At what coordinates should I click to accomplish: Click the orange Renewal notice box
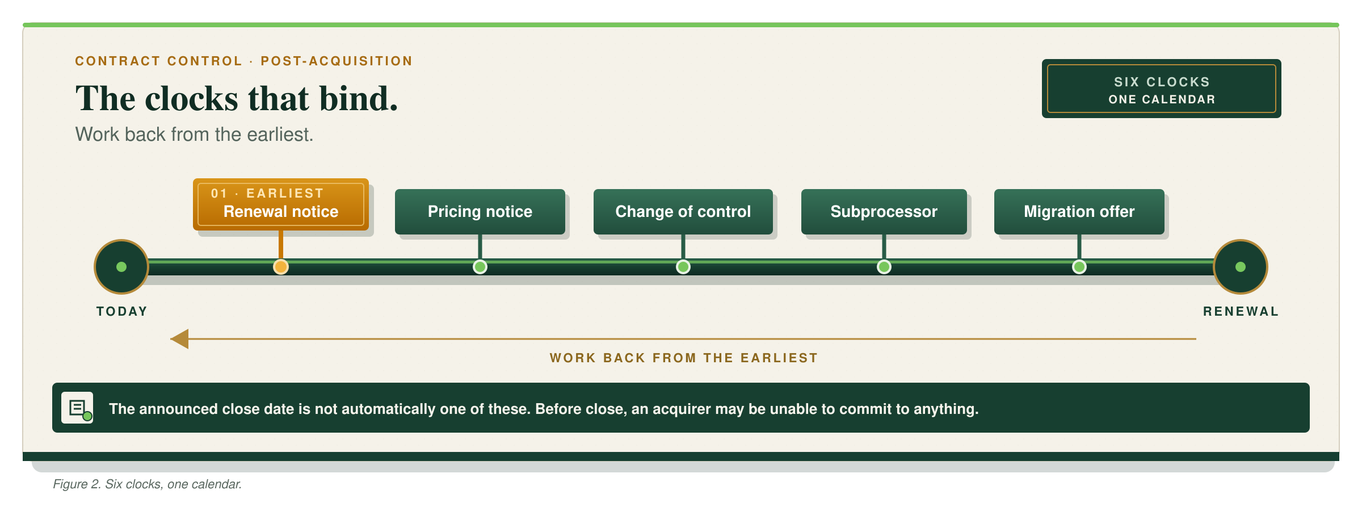tap(281, 204)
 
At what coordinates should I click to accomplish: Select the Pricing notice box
tap(480, 211)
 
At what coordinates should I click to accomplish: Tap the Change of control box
tap(683, 211)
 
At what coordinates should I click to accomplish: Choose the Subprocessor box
tap(884, 211)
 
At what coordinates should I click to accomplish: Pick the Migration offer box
tap(1079, 211)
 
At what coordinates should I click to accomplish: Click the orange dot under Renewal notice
tap(281, 267)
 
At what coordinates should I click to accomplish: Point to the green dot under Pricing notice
tap(480, 267)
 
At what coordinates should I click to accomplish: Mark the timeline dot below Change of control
tap(683, 267)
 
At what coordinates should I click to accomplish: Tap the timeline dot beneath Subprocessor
tap(884, 267)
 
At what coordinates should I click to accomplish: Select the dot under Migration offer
tap(1079, 267)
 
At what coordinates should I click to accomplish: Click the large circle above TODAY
tap(121, 267)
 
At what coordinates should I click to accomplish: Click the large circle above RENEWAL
tap(1241, 267)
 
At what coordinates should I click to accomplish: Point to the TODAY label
tap(122, 311)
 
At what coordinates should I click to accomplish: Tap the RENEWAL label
tap(1241, 311)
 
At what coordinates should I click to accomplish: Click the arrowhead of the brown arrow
tap(179, 339)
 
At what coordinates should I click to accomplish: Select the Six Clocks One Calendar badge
tap(1162, 89)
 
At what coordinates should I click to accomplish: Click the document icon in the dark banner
tap(77, 408)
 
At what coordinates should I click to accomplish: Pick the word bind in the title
tap(359, 98)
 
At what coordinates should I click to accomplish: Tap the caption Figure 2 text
tap(148, 484)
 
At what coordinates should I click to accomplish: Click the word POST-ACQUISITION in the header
tap(337, 61)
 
